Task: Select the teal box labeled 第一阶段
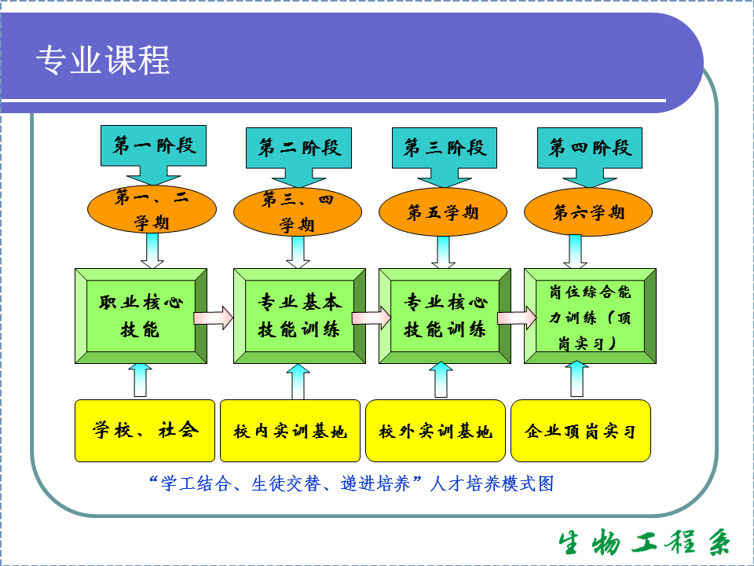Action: coord(154,145)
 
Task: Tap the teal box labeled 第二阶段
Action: coord(299,147)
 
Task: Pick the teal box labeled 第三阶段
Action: coord(445,147)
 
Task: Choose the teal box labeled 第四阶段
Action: coord(590,147)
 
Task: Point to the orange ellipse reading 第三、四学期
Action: coord(298,213)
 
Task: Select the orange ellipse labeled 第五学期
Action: coord(443,213)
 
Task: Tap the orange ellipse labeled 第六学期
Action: coord(588,213)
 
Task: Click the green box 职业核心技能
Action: coord(141,316)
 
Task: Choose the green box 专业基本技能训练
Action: coord(299,316)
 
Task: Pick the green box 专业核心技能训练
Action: coord(445,316)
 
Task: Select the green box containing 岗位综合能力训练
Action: coord(590,316)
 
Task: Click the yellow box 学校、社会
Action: coord(145,430)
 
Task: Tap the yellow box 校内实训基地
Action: coord(290,431)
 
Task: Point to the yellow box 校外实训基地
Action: coord(435,431)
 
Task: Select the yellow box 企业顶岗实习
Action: coord(580,431)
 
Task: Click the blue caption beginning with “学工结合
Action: coord(350,483)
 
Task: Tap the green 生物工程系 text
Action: coord(644,542)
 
